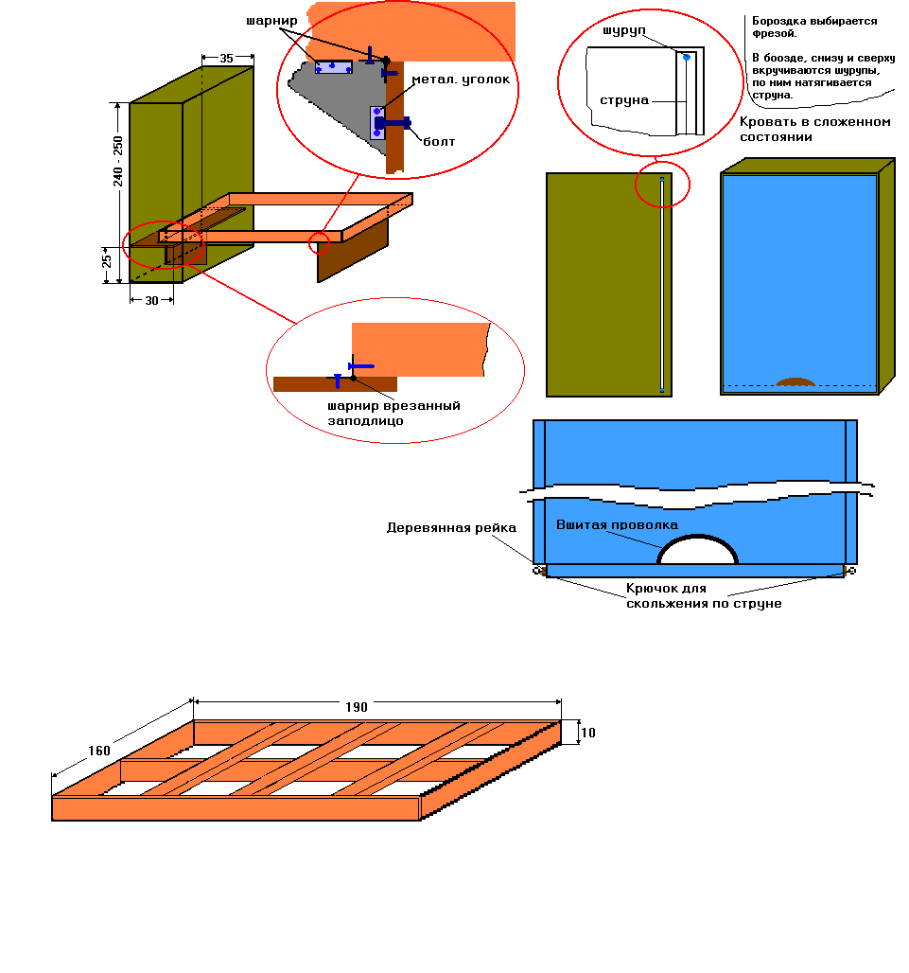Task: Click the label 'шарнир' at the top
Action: (x=271, y=20)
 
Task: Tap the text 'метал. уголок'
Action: (x=461, y=80)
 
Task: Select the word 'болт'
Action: (x=439, y=142)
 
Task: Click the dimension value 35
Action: (x=226, y=59)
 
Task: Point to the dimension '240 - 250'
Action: (x=118, y=161)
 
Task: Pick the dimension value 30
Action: (x=150, y=300)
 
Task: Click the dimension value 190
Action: (x=357, y=707)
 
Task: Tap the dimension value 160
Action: (x=99, y=752)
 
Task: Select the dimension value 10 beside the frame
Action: (x=587, y=733)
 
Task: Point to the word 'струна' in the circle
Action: (x=624, y=99)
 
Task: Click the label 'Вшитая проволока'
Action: (x=617, y=524)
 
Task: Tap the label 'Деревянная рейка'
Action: (x=451, y=528)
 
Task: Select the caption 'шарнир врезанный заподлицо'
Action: (x=393, y=413)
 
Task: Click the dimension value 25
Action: (x=107, y=258)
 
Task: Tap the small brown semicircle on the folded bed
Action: (x=795, y=382)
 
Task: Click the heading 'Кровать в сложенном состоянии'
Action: (x=814, y=130)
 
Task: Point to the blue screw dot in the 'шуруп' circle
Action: (x=687, y=58)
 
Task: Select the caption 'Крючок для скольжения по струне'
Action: (x=705, y=596)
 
